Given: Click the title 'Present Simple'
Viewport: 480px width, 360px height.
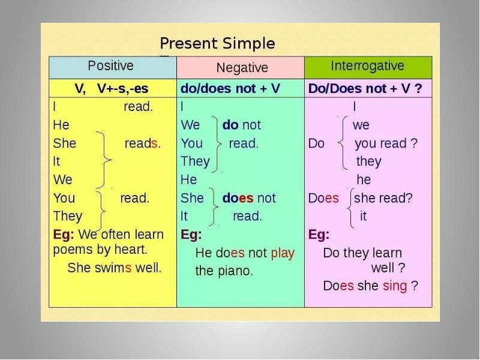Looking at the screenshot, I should click(217, 44).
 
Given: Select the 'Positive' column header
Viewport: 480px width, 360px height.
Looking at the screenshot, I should click(111, 65).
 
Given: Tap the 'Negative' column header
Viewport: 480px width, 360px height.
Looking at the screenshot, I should click(242, 67).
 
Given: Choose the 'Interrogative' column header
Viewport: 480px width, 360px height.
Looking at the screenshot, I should click(368, 66).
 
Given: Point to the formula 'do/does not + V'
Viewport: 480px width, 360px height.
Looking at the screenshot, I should click(230, 89).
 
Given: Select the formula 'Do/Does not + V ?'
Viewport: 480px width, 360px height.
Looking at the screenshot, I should click(364, 89).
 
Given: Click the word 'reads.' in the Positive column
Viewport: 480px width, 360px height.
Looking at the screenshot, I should click(142, 144).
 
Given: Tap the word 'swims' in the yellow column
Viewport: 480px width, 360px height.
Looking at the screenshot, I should click(113, 268).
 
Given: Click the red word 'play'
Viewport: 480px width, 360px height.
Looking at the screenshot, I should click(283, 253).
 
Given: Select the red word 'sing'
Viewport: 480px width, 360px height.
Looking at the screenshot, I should click(394, 286).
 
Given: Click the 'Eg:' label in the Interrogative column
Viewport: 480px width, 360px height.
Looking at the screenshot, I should click(319, 235).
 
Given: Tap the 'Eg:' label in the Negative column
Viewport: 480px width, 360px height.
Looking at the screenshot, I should click(191, 235).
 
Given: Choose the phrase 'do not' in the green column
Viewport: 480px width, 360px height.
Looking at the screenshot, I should click(242, 125).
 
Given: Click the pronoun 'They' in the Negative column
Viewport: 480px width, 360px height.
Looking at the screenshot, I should click(195, 161).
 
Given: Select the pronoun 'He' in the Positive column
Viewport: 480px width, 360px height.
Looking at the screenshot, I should click(61, 125).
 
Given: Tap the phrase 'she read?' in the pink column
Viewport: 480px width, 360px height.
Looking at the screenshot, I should click(384, 198).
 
